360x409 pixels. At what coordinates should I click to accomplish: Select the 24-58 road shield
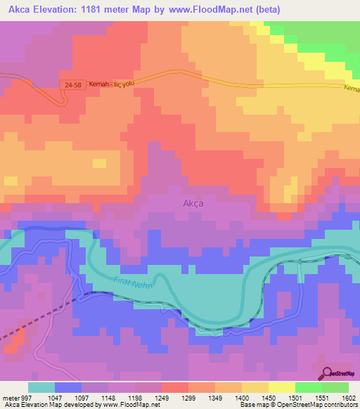70,84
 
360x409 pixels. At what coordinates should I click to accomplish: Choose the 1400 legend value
242,398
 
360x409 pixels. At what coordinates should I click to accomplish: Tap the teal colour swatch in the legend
41,387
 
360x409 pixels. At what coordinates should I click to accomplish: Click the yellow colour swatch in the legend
281,387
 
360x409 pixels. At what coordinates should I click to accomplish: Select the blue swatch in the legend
68,387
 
